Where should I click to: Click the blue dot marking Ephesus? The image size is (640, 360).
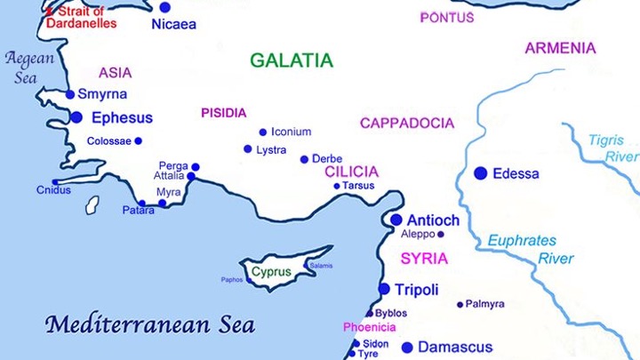(76, 117)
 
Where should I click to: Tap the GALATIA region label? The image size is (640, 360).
(291, 60)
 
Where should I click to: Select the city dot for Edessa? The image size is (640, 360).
(481, 173)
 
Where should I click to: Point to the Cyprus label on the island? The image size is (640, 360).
(271, 272)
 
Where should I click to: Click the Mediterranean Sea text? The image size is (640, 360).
(150, 324)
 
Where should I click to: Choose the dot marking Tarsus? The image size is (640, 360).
(337, 186)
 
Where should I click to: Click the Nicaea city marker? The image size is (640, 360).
(164, 7)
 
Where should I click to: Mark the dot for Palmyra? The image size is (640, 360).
(460, 305)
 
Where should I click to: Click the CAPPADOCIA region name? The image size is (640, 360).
(406, 124)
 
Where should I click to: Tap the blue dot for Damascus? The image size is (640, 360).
(407, 348)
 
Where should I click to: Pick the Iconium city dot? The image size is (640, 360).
(262, 132)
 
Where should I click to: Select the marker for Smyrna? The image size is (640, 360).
(70, 94)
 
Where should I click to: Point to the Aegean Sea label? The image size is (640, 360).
(29, 68)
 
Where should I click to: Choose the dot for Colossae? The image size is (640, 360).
(138, 141)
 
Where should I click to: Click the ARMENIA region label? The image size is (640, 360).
(559, 48)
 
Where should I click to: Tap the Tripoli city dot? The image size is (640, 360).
(384, 289)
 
